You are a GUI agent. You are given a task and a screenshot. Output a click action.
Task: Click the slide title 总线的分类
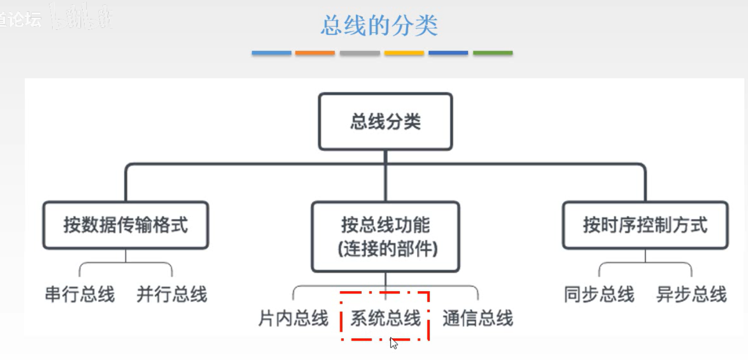(x=379, y=25)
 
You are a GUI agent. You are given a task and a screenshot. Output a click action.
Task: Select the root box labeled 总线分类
(x=385, y=121)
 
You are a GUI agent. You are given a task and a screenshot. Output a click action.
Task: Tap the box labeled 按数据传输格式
(x=125, y=225)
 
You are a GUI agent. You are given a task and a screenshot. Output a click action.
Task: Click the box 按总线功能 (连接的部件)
(x=385, y=236)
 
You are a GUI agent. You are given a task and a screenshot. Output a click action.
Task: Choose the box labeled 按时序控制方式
(x=645, y=225)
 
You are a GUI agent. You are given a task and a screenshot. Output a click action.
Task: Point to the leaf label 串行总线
(x=80, y=294)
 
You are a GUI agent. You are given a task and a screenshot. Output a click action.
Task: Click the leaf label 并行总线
(x=172, y=294)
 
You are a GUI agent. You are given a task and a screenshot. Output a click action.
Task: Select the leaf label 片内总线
(x=293, y=318)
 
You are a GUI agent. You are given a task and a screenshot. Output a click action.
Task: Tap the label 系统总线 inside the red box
(x=385, y=318)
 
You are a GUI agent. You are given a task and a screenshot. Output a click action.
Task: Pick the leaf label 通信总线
(x=477, y=318)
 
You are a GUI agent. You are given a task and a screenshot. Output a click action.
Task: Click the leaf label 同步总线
(x=599, y=294)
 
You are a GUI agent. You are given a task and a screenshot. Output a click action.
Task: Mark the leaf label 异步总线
(x=691, y=294)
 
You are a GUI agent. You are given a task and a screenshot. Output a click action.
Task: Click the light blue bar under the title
(x=271, y=53)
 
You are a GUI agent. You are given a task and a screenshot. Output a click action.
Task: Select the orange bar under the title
(x=315, y=53)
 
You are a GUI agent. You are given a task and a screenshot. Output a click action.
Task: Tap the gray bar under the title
(x=360, y=53)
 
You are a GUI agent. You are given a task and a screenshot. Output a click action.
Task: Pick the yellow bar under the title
(x=404, y=53)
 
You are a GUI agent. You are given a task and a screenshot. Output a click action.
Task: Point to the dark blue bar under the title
(x=448, y=53)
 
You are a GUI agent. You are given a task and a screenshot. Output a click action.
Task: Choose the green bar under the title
(x=493, y=53)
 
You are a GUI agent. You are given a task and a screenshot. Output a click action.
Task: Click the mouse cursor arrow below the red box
(x=394, y=343)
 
